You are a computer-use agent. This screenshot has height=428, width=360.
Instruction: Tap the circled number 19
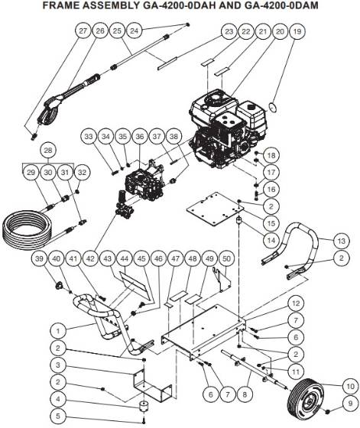pyautogui.click(x=297, y=31)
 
